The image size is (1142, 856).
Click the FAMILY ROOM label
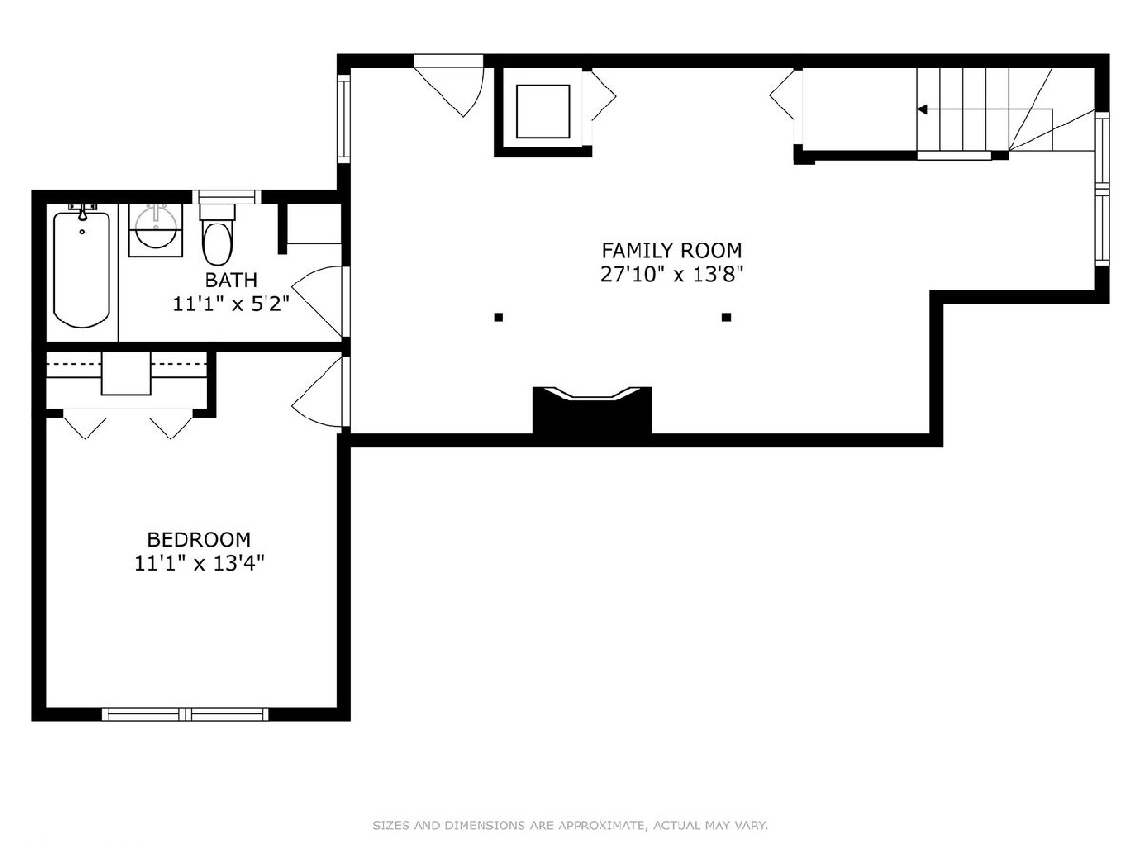click(672, 250)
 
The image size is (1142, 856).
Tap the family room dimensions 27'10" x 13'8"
click(672, 274)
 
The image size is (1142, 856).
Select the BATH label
click(231, 281)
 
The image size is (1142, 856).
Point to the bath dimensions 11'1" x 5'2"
click(231, 303)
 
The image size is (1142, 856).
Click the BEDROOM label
click(199, 539)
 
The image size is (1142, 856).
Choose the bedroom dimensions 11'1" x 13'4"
click(200, 563)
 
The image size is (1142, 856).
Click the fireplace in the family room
click(592, 411)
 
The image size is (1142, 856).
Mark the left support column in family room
click(499, 318)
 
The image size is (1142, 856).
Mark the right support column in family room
click(727, 318)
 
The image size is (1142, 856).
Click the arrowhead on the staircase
click(923, 109)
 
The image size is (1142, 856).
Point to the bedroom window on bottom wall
click(186, 714)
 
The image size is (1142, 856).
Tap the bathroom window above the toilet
click(226, 197)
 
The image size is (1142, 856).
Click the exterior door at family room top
click(448, 88)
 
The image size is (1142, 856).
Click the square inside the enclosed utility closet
click(543, 111)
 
